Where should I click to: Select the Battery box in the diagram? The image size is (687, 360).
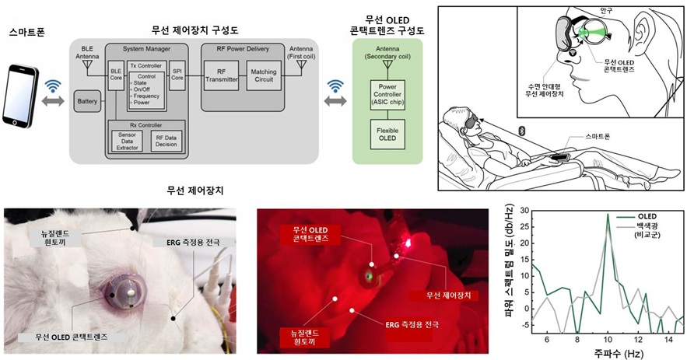[87, 100]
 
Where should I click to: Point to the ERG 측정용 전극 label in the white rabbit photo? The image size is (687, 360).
[187, 243]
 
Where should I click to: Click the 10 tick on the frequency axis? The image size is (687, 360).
[607, 340]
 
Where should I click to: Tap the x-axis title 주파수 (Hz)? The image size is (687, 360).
[607, 354]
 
